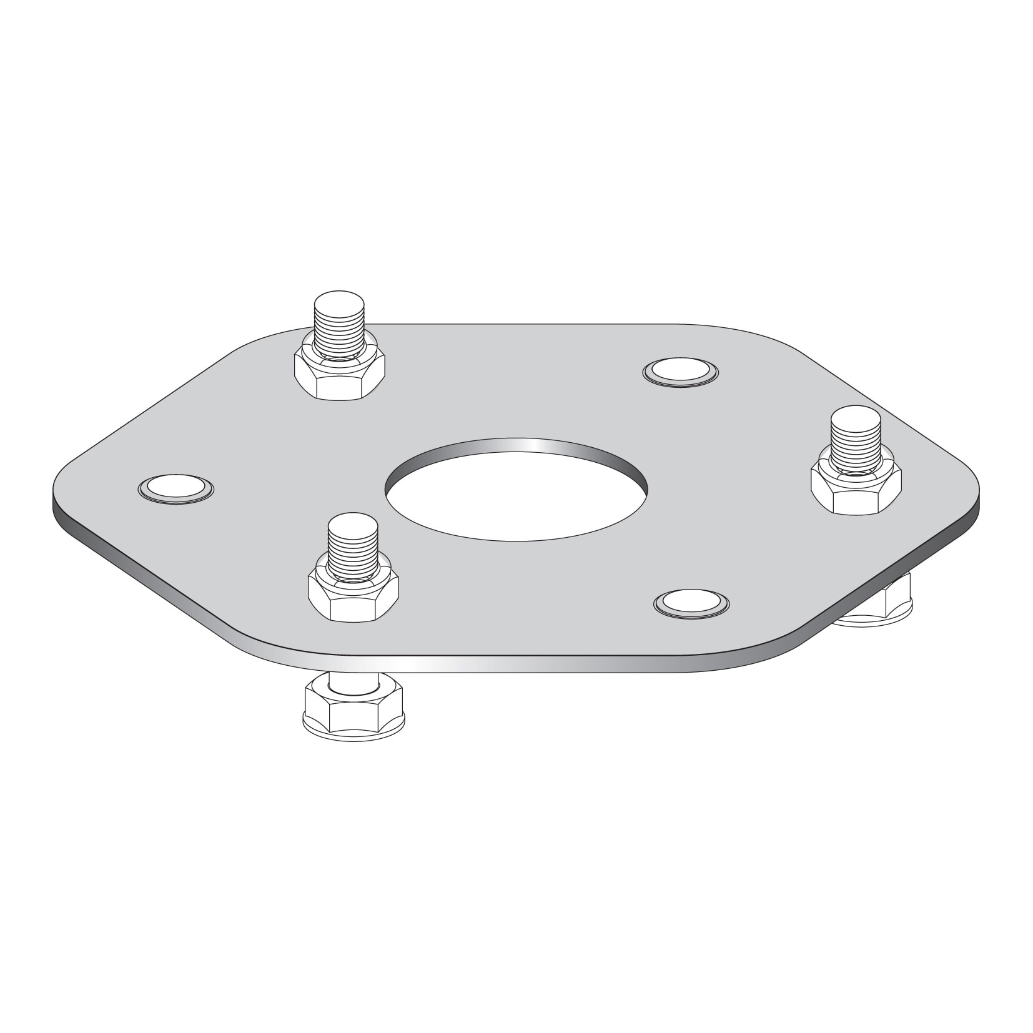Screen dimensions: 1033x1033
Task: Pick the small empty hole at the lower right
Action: point(691,603)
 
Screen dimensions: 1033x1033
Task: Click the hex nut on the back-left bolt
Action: point(339,378)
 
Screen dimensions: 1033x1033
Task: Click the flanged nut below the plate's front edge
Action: point(353,712)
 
